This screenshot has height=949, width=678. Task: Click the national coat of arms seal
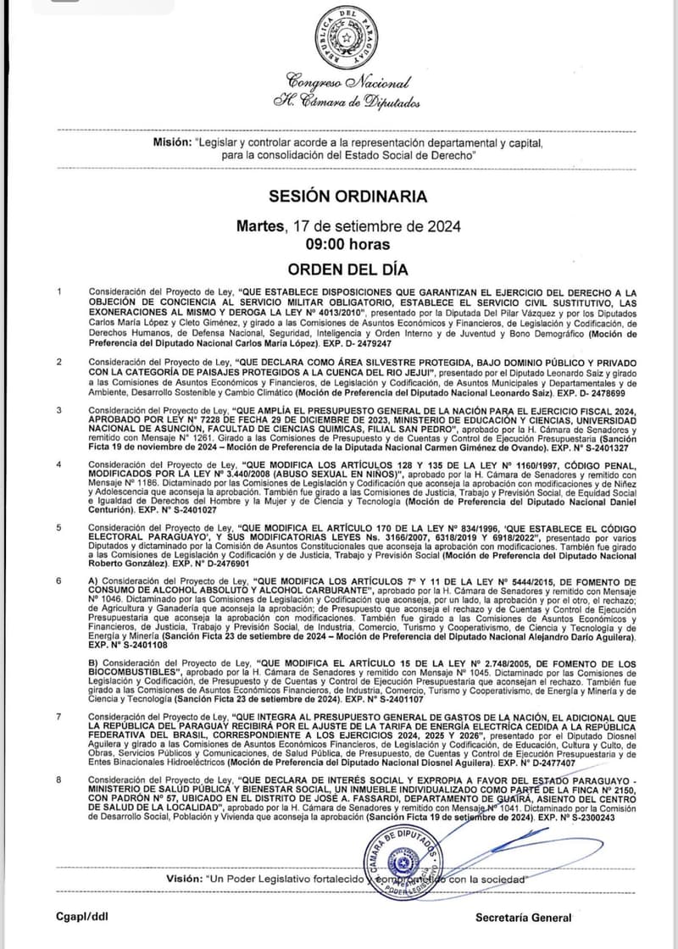(347, 38)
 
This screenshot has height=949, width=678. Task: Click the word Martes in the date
(262, 226)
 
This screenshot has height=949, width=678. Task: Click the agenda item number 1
(58, 292)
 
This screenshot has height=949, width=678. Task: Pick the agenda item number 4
(58, 465)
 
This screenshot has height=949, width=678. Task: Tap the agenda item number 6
(58, 580)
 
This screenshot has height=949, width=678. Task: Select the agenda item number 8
(58, 779)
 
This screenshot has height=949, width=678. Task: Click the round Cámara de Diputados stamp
(403, 865)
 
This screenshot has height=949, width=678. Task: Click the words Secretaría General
(523, 917)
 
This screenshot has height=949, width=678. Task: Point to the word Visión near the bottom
(184, 879)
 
